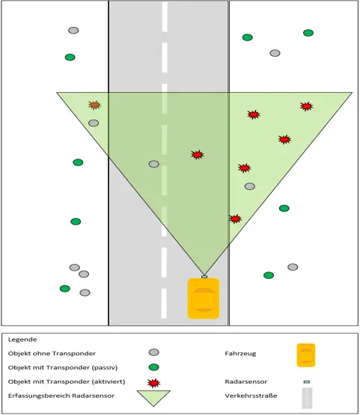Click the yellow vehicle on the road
(204, 298)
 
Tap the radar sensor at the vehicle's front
(204, 277)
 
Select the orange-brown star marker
(94, 105)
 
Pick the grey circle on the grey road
(154, 164)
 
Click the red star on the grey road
(198, 155)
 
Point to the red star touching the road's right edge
(235, 219)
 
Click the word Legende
(22, 339)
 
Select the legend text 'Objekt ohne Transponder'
(52, 354)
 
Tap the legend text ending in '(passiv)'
(63, 368)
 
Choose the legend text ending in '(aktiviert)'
(67, 381)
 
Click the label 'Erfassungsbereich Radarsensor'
(61, 396)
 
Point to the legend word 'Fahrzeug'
(240, 354)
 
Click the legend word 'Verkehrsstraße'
(251, 396)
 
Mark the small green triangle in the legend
(153, 398)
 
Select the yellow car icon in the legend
(306, 355)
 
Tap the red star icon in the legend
(153, 383)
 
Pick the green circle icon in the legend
(154, 367)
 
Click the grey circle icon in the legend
(154, 352)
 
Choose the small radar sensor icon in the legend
(307, 382)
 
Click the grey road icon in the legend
(307, 398)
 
